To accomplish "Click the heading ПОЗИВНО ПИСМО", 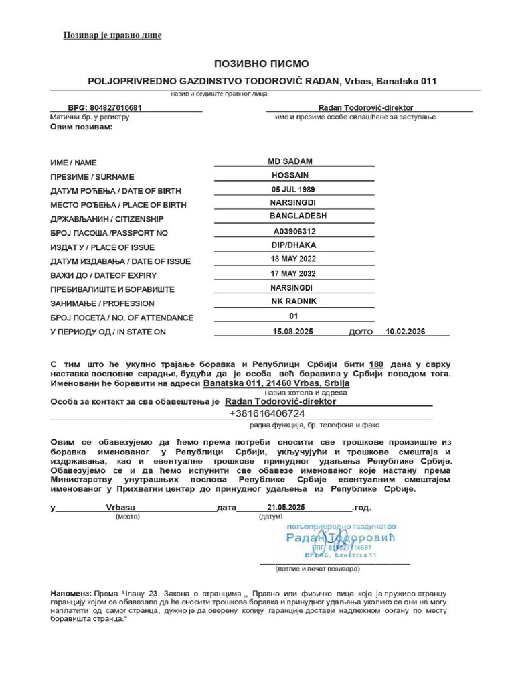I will pyautogui.click(x=261, y=64).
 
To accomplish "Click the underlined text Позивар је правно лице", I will pyautogui.click(x=112, y=35).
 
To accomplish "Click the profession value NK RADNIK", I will pyautogui.click(x=294, y=301).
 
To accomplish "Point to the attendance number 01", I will pyautogui.click(x=293, y=316).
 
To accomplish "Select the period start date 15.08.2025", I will pyautogui.click(x=293, y=332).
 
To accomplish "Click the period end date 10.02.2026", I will pyautogui.click(x=406, y=332).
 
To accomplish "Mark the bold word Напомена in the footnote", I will pyautogui.click(x=70, y=594).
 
